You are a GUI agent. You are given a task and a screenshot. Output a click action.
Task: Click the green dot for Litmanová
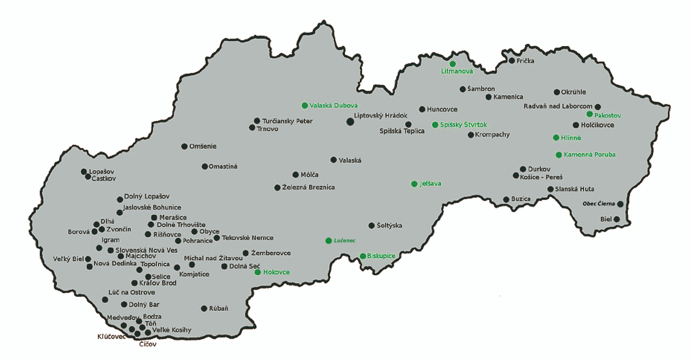(453, 64)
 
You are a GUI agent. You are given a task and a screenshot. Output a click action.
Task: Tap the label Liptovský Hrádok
(381, 116)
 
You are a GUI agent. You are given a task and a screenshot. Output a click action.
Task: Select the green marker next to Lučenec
(328, 241)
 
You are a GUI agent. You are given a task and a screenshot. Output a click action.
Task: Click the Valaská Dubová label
(334, 106)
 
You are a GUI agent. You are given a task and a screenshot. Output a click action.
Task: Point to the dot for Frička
(512, 61)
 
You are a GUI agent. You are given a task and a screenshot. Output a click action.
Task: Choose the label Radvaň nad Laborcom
(558, 106)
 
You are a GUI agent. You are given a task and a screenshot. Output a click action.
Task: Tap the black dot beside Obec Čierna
(620, 204)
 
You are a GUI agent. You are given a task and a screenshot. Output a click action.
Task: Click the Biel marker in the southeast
(617, 219)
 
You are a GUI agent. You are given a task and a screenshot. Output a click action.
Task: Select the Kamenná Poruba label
(590, 154)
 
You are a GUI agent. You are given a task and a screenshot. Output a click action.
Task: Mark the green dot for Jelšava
(414, 184)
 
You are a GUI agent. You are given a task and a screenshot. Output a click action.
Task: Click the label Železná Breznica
(308, 187)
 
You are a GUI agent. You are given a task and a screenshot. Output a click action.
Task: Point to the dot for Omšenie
(184, 146)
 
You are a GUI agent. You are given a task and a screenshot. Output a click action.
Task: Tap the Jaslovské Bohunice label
(152, 207)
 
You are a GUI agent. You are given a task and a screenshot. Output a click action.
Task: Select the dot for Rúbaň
(204, 309)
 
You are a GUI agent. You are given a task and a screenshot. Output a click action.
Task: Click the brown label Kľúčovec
(111, 337)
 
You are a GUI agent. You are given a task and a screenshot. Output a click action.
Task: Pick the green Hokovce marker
(257, 272)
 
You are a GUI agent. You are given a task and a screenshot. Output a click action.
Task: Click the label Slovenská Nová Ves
(146, 250)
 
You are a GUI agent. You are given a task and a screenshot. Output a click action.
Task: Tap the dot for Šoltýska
(371, 226)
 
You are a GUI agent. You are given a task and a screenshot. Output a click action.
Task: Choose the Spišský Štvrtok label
(463, 125)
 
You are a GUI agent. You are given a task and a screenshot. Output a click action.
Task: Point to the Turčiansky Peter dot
(257, 121)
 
